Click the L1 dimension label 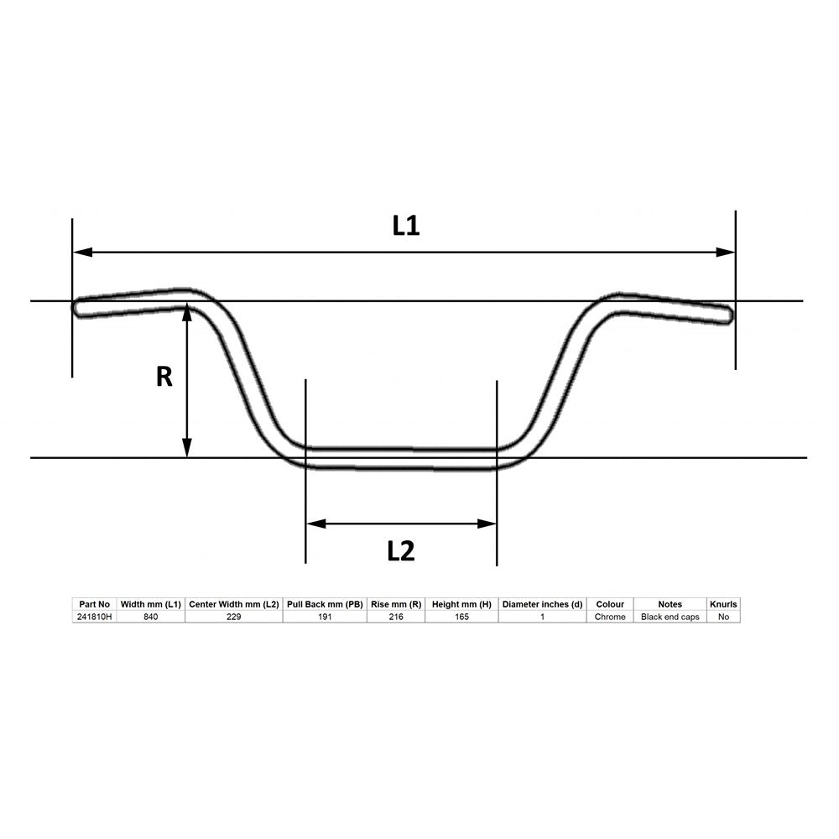pyautogui.click(x=406, y=226)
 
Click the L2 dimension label pyautogui.click(x=401, y=551)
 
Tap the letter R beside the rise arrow pyautogui.click(x=164, y=377)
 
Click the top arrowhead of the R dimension pyautogui.click(x=187, y=311)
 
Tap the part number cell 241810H pyautogui.click(x=93, y=617)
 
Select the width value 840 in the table pyautogui.click(x=150, y=617)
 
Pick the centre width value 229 pyautogui.click(x=233, y=617)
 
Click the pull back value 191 pyautogui.click(x=325, y=617)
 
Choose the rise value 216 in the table pyautogui.click(x=396, y=617)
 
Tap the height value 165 pyautogui.click(x=461, y=617)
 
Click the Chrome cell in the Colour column pyautogui.click(x=610, y=617)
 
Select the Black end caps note pyautogui.click(x=670, y=617)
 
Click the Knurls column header pyautogui.click(x=723, y=604)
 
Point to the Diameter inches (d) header pyautogui.click(x=542, y=604)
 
